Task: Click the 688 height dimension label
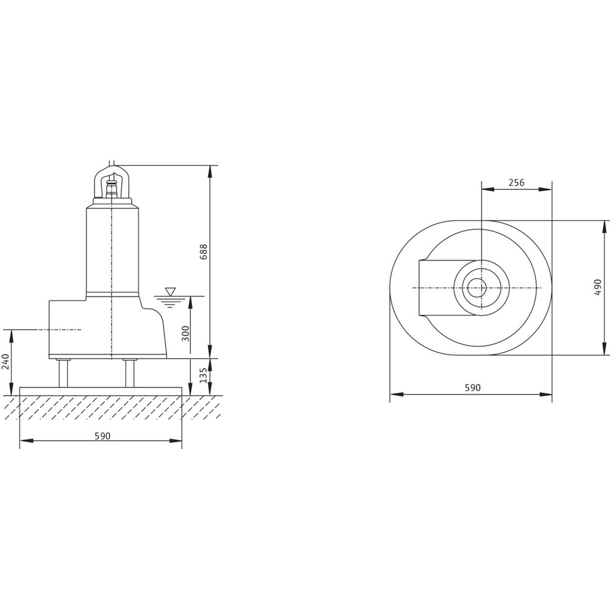pos(204,252)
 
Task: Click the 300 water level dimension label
pos(185,334)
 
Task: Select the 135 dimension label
pos(203,375)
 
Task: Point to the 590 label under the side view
pos(102,436)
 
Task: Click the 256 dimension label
pos(517,182)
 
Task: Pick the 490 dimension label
pos(598,287)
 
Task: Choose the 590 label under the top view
pos(473,388)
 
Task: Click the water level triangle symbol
pos(170,292)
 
